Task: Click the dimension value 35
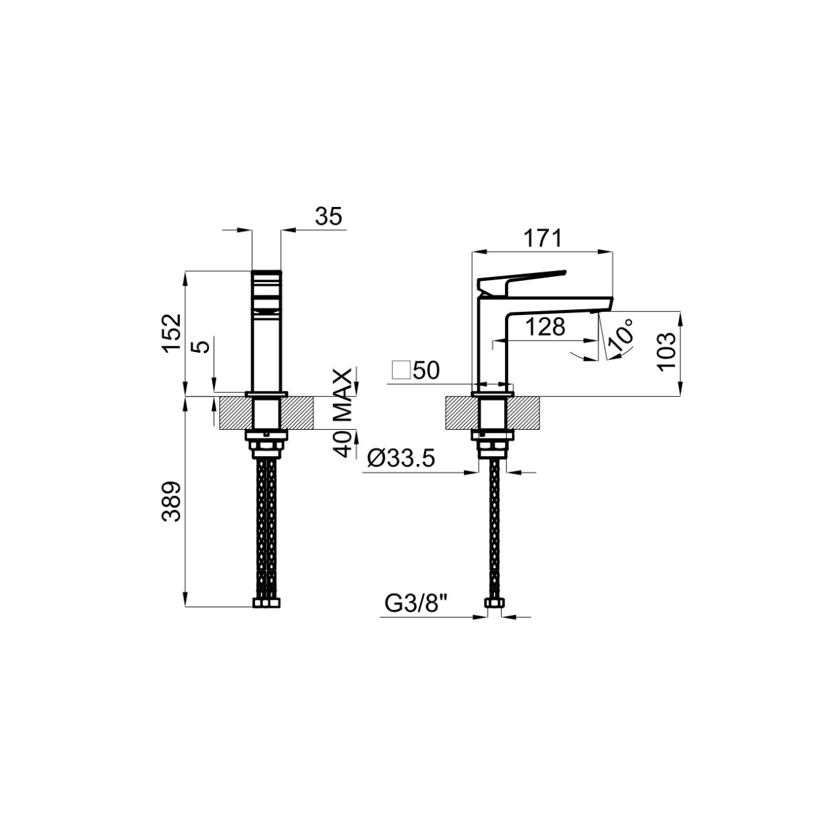coord(328,217)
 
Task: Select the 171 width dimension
coord(543,239)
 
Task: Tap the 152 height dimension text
coord(172,334)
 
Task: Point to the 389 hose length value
coord(172,502)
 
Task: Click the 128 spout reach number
coord(545,327)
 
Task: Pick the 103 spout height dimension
coord(666,351)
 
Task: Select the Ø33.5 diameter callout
coord(401,459)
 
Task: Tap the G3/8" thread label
coord(416,604)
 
